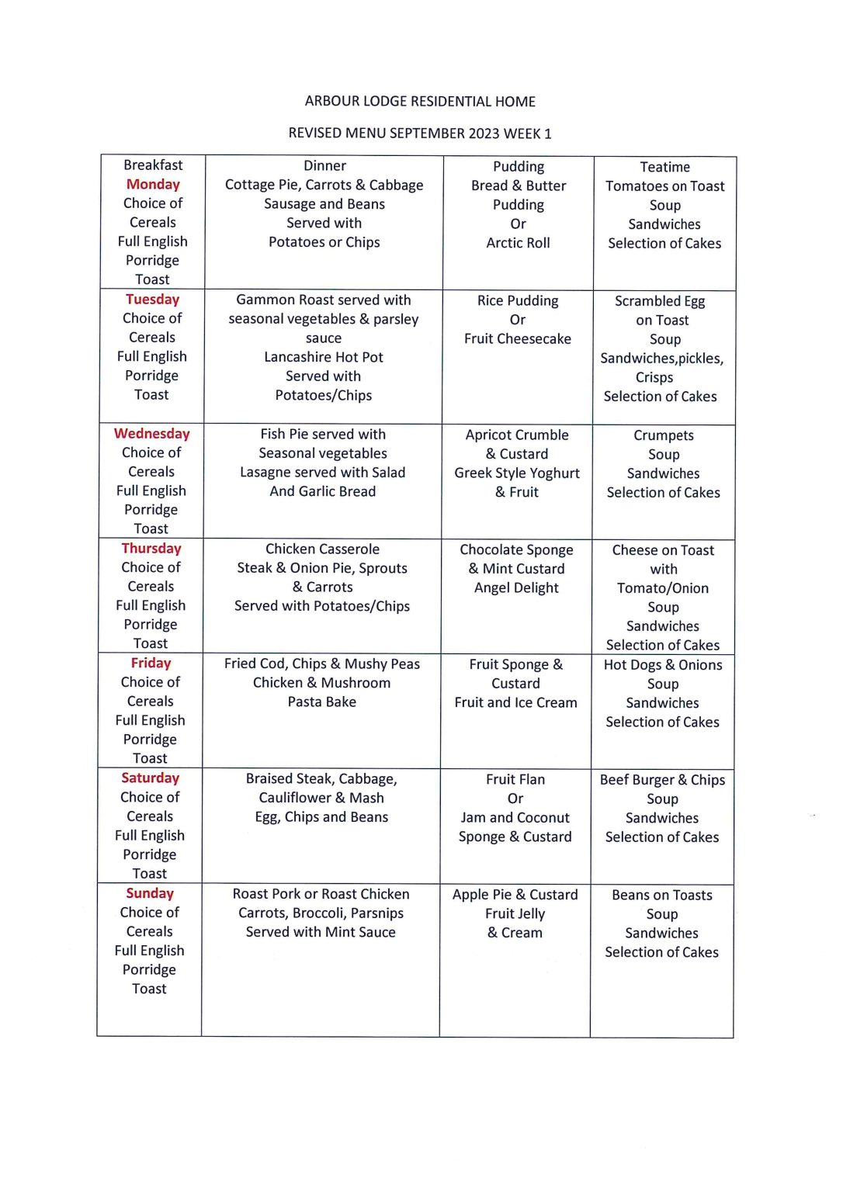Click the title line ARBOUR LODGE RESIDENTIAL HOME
pos(420,102)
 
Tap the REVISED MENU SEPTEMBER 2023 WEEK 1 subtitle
pos(420,133)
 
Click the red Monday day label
pos(153,185)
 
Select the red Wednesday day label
pos(152,434)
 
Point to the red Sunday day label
pos(150,894)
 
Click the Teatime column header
pos(664,167)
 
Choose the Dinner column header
pos(324,166)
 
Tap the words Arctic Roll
pos(518,243)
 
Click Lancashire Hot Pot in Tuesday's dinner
pos(324,357)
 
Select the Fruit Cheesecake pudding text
pos(518,339)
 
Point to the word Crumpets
pos(664,435)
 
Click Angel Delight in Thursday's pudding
pos(516,588)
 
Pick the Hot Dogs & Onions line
pos(663,665)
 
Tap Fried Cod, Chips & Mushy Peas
pos(322,664)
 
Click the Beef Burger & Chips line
pos(662,780)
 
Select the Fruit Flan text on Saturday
pos(515,779)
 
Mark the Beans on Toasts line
pos(662,896)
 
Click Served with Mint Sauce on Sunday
pos(321,932)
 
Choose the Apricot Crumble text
pos(517,435)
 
